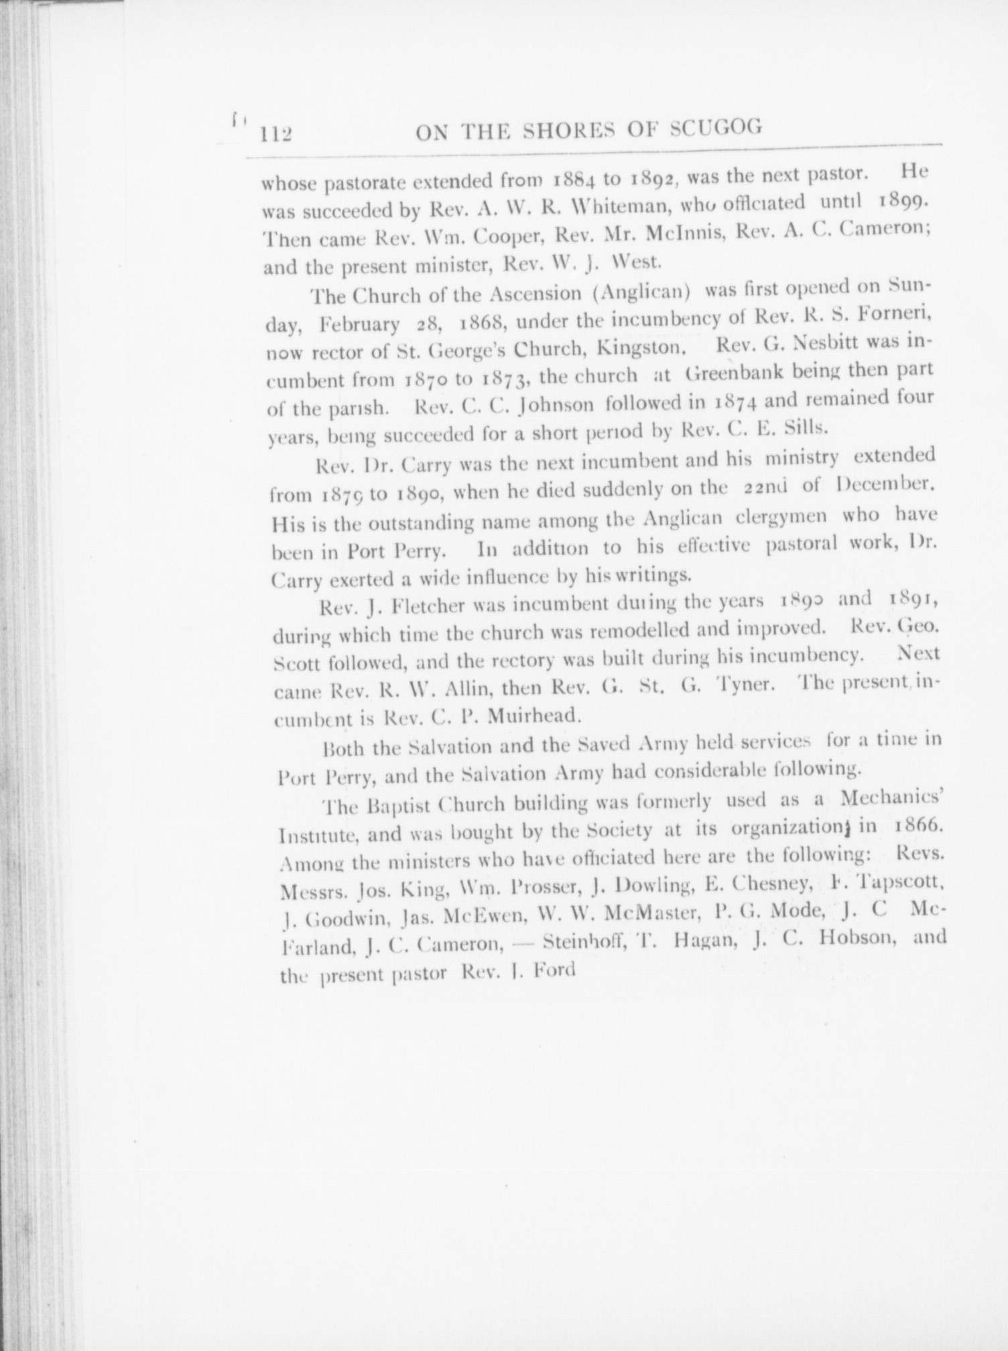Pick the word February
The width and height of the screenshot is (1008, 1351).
[359, 324]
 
